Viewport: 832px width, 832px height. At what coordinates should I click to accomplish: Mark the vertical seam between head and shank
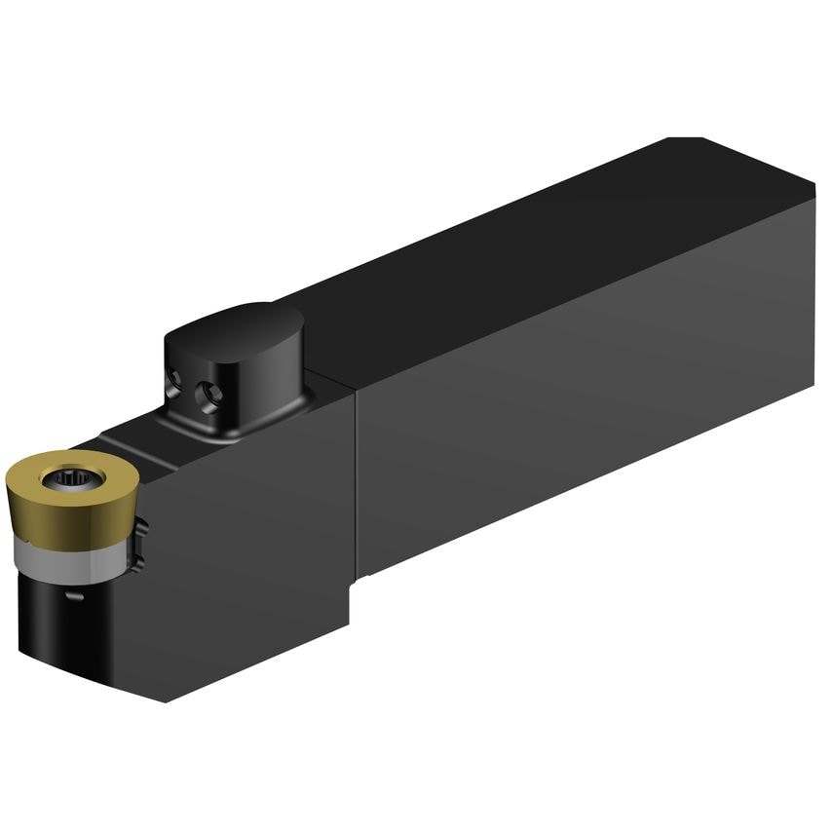(x=356, y=487)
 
